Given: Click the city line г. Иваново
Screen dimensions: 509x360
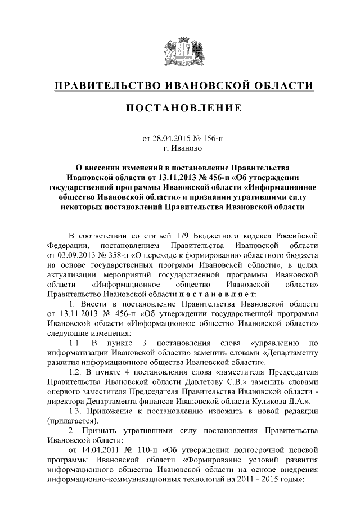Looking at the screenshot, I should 180,148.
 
